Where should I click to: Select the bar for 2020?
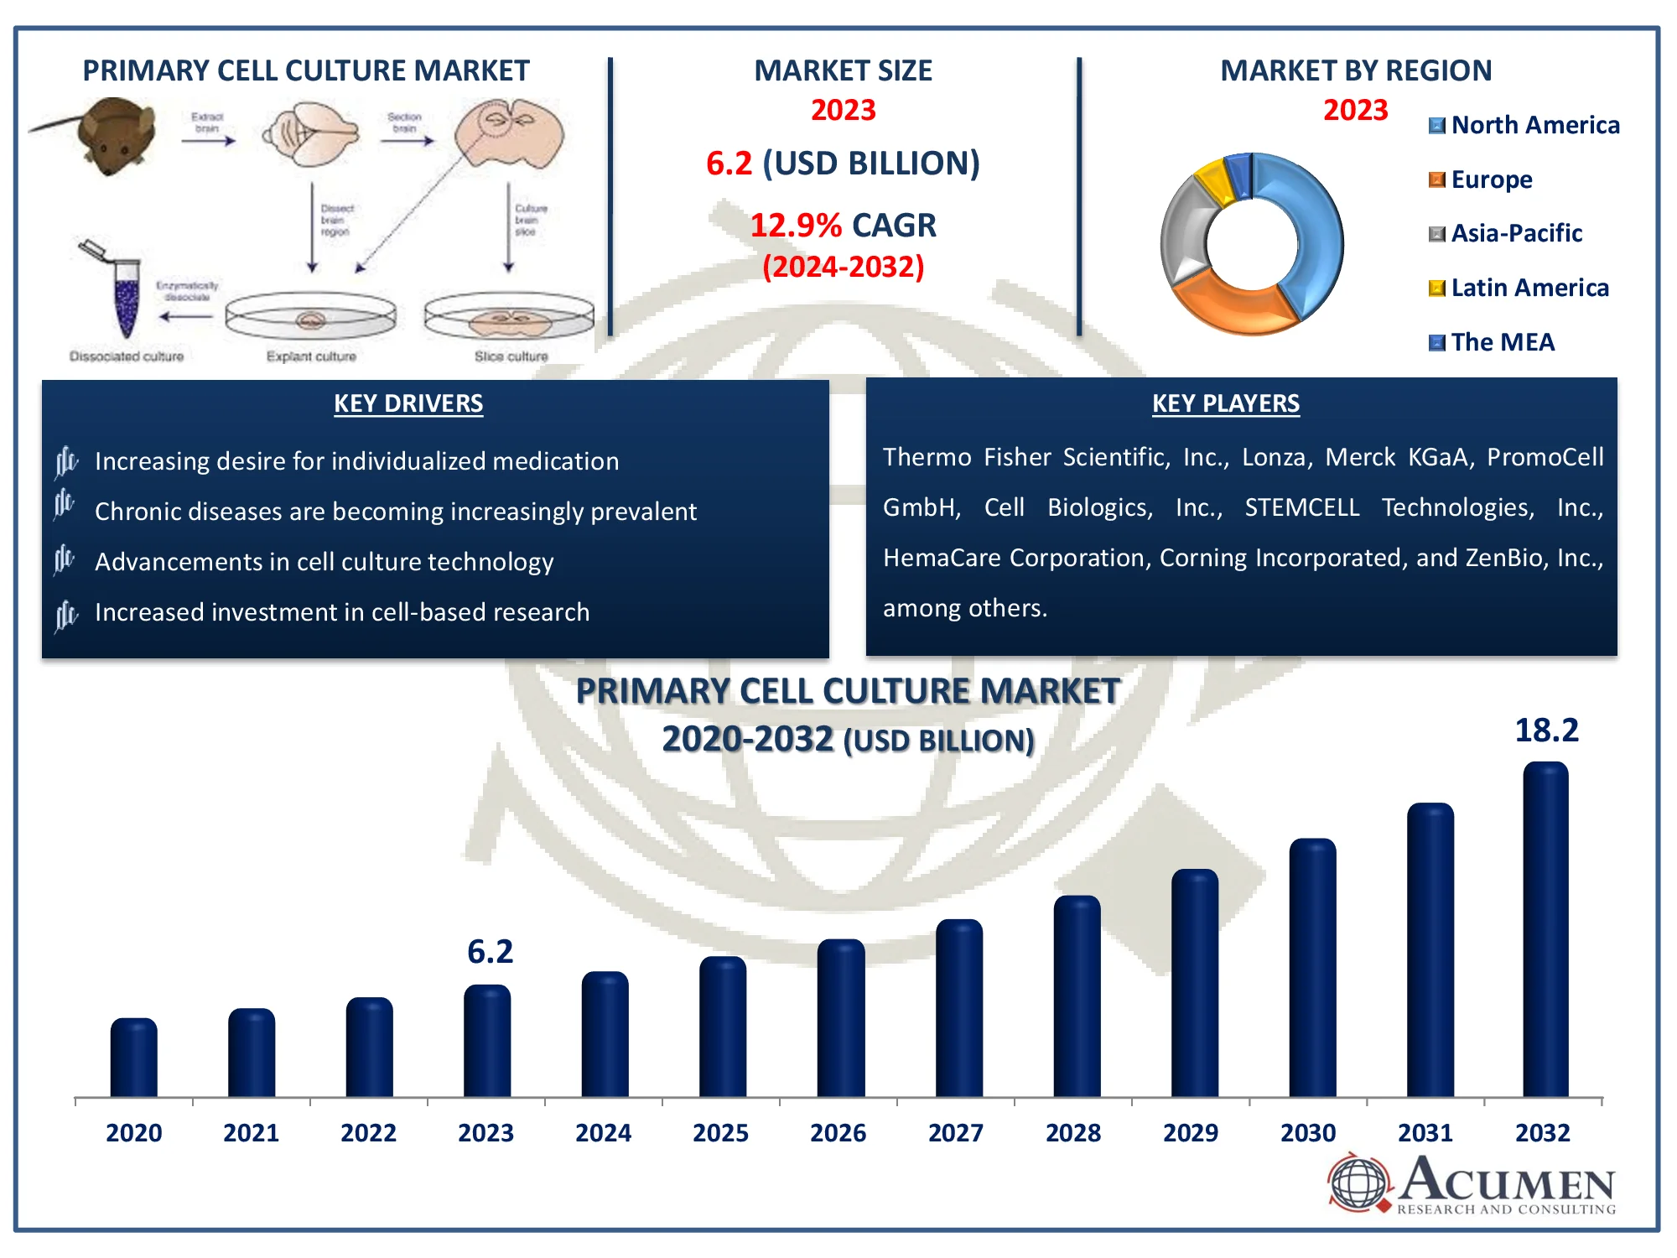tap(134, 1058)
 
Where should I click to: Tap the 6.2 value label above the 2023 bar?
tap(490, 952)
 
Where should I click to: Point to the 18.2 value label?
tap(1546, 730)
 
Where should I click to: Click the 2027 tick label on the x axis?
tap(955, 1133)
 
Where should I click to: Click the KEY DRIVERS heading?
tap(408, 403)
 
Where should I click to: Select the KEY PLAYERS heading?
tap(1225, 403)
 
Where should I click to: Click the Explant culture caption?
tap(311, 356)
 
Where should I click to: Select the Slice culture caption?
tap(511, 356)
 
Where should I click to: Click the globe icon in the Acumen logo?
tap(1359, 1183)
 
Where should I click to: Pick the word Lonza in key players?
tap(1276, 457)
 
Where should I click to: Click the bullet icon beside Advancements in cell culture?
tap(65, 560)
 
